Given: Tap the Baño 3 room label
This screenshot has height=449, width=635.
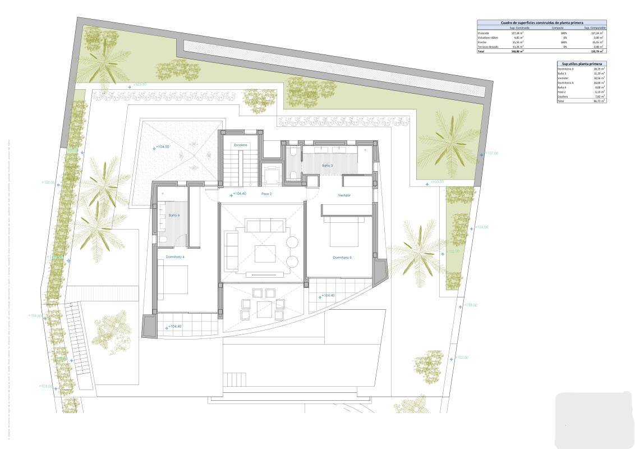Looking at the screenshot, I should click(328, 166).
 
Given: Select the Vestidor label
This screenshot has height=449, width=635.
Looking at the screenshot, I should click(344, 195).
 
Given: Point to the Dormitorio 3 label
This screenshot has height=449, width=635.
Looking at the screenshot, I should click(342, 257).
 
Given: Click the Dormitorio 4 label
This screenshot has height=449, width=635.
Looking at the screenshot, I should click(174, 256).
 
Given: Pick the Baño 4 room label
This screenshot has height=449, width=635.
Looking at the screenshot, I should click(174, 214).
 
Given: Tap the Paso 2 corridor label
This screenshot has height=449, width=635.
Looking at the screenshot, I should click(266, 194).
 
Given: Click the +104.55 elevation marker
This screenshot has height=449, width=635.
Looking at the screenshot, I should click(162, 148).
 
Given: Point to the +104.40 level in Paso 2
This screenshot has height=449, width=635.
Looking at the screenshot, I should click(238, 194).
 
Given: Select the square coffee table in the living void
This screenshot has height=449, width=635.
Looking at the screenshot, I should click(265, 254).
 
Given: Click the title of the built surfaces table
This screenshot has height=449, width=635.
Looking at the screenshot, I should click(541, 22).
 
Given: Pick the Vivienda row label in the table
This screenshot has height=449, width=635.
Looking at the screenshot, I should click(484, 33).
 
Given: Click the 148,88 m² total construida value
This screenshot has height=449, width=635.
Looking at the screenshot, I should click(517, 51).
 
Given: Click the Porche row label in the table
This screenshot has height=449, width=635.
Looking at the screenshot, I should click(482, 42).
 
